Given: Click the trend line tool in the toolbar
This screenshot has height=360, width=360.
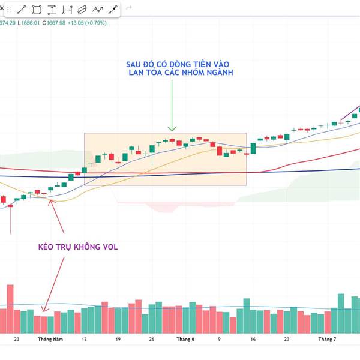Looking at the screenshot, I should (22, 10).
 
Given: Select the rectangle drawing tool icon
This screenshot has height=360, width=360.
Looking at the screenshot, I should (37, 10).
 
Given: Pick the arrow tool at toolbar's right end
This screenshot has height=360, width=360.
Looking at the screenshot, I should (112, 10).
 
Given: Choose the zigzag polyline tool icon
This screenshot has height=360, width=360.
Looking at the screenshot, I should (97, 10).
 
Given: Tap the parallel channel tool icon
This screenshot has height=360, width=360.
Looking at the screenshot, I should (82, 10).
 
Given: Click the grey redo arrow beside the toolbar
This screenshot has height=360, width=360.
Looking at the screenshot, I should (128, 8).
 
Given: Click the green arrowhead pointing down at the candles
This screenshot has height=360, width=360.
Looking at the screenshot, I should (172, 127).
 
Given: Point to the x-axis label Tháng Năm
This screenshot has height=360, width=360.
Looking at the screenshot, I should (50, 339).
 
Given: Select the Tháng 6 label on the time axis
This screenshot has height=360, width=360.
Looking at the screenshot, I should (185, 339).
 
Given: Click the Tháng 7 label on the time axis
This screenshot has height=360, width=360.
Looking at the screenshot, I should (327, 339).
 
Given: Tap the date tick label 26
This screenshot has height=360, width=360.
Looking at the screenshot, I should (152, 339).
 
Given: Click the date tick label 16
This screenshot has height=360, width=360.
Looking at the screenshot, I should (253, 339).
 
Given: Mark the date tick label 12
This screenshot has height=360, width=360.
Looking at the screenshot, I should (84, 339).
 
